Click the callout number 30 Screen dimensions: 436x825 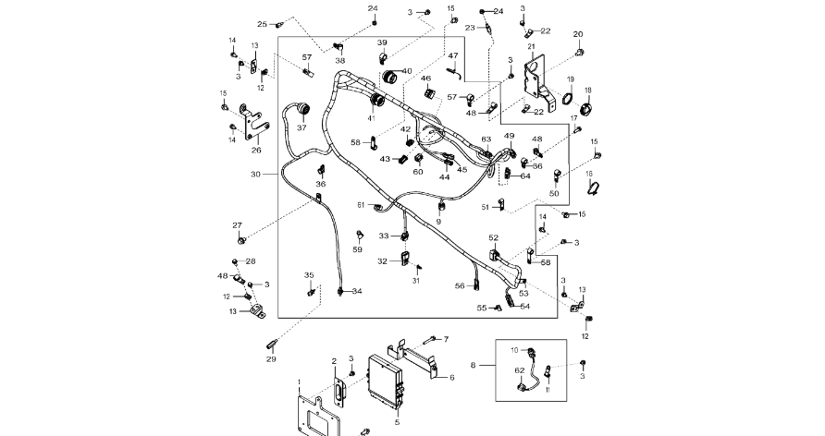[x=255, y=174]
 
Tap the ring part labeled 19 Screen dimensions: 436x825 [x=567, y=98]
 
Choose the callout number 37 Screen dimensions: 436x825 [x=301, y=127]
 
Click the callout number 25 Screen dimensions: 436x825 [x=262, y=24]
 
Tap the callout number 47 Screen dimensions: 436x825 [x=453, y=56]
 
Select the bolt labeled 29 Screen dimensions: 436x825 [x=272, y=344]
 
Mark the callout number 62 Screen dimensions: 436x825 [x=519, y=370]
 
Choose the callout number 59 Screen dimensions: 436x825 [x=358, y=249]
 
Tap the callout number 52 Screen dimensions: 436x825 [x=494, y=238]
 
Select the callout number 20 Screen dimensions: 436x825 [x=578, y=34]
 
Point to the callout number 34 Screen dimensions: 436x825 [x=357, y=291]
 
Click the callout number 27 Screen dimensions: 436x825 [x=237, y=226]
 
